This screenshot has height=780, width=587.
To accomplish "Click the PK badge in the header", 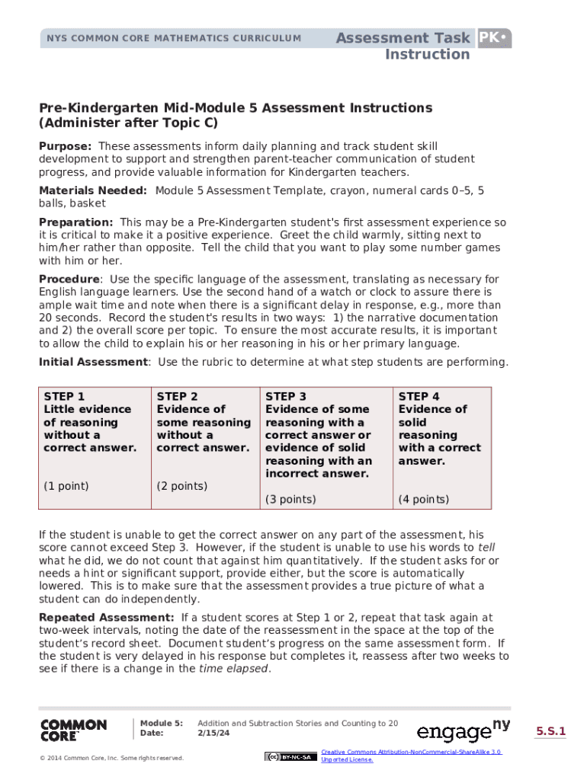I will (x=494, y=38).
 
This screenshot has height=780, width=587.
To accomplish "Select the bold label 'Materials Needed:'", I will (x=93, y=190).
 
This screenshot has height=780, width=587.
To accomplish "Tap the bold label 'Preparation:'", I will (x=76, y=222).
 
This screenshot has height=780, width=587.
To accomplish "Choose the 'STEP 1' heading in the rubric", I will (x=65, y=397).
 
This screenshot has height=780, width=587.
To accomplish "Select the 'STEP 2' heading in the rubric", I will (x=177, y=397).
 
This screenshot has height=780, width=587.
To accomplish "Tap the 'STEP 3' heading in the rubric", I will (x=286, y=397).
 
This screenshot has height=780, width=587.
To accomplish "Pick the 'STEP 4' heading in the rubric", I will (x=419, y=397).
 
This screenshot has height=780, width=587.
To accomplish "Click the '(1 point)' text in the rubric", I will (x=66, y=486).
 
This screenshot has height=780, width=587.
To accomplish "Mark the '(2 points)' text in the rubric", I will (x=181, y=486).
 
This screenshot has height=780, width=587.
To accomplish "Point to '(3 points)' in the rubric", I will (x=290, y=500).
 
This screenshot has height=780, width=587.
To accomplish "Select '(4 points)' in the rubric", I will (x=424, y=500).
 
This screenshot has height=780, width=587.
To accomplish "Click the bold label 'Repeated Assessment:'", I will (x=107, y=617).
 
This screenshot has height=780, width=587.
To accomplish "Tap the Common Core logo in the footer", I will (x=73, y=730).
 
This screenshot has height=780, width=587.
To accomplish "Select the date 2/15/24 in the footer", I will (x=213, y=734).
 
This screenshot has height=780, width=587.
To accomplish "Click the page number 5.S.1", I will (x=550, y=732).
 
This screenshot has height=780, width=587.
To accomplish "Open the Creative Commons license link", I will (x=411, y=756).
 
